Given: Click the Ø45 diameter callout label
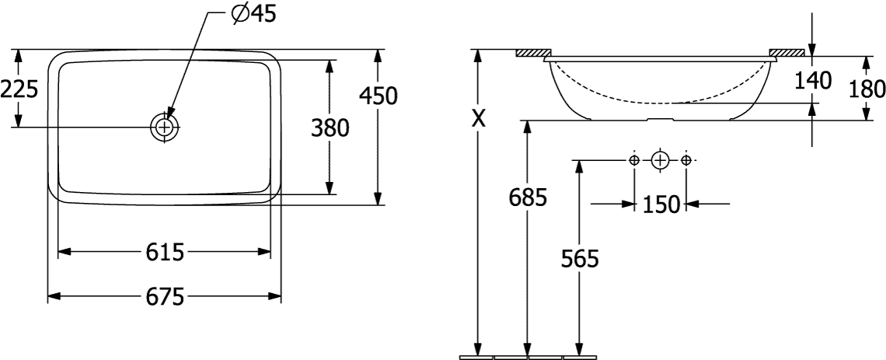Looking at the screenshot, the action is pos(253,14).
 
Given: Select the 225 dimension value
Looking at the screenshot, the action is pos(19,89).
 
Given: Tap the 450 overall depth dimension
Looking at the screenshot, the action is pos(378,96).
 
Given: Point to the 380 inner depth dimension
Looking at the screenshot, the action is pos(330,128).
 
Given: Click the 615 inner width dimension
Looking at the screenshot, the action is pos(165,252).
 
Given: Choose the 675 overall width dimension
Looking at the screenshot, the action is pos(165,296).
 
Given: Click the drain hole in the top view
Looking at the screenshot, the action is pos(165,128).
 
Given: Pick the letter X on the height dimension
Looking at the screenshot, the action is pos(479,119).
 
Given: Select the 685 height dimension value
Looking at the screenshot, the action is pos(528,197).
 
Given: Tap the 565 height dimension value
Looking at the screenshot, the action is pos(579,259).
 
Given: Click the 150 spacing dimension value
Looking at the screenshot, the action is pos(660,204).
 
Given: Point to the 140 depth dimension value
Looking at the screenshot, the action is pos(813,81).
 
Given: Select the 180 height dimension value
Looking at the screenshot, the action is pos(867,89).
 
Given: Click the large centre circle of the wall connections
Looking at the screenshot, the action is pos(659,160).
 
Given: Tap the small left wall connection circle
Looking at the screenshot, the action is pos(634,160).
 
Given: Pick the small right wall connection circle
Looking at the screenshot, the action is pos(686,160).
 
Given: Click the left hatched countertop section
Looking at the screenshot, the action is pos(533,53).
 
